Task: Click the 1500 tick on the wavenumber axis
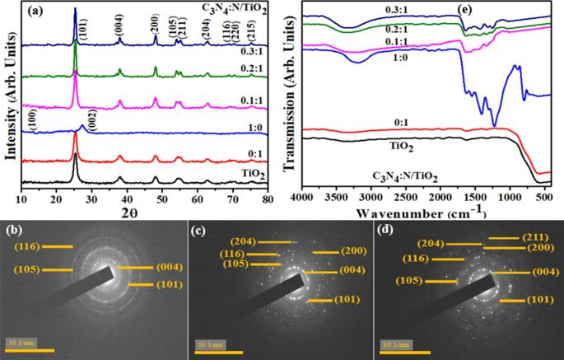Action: (475, 199)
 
